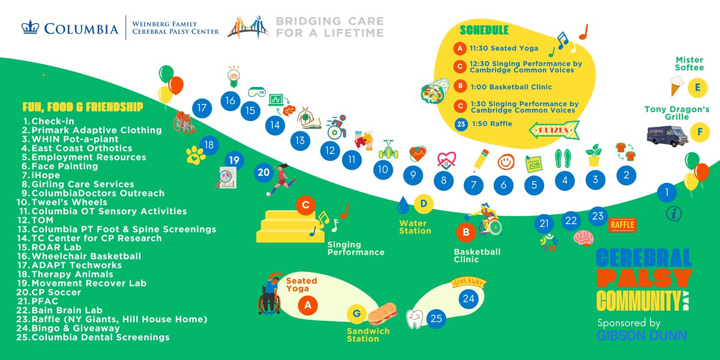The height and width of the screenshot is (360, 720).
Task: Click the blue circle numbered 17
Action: pyautogui.click(x=202, y=109)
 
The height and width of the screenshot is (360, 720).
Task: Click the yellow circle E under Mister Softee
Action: pyautogui.click(x=697, y=87)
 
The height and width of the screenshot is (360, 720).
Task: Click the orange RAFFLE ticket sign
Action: pyautogui.click(x=622, y=225)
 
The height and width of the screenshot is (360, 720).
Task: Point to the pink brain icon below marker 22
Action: pyautogui.click(x=583, y=238)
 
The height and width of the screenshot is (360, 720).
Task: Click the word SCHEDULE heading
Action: pyautogui.click(x=484, y=29)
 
